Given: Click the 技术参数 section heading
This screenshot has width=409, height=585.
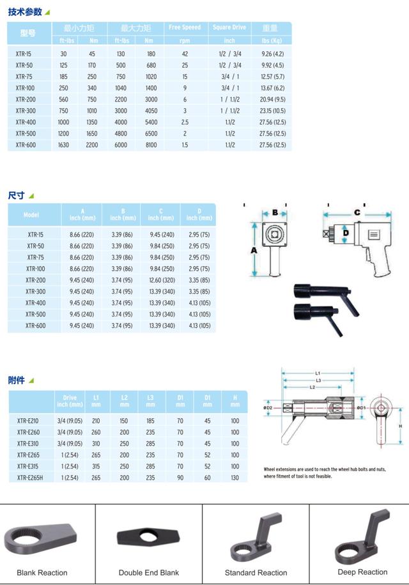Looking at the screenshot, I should click(24, 12).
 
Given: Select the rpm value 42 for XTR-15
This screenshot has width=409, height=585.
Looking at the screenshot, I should click(185, 54).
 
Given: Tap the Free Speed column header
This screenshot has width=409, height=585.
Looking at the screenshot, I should click(185, 27).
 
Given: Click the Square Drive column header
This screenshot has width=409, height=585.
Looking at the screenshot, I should click(229, 27).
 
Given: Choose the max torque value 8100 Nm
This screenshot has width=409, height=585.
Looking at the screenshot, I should click(151, 145).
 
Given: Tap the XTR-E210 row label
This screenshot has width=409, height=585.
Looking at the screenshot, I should click(28, 421).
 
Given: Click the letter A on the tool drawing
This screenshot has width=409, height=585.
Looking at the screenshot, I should click(254, 251).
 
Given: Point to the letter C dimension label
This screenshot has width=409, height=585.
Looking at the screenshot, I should click(357, 212).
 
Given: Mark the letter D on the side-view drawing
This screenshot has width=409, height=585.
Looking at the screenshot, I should click(345, 234).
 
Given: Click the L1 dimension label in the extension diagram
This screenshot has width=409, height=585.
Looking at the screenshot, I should click(318, 372).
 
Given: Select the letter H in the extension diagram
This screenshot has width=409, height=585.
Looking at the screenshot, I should click(400, 426).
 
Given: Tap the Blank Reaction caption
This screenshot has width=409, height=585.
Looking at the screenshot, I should click(42, 572).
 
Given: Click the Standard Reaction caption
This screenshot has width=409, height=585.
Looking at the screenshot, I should click(256, 572).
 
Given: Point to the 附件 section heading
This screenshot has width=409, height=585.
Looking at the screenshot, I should click(17, 380).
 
